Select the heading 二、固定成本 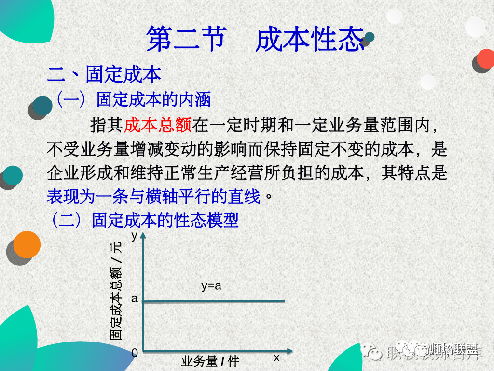pyautogui.click(x=104, y=75)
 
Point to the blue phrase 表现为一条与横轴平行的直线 pyautogui.click(x=153, y=197)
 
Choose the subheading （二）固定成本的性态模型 pyautogui.click(x=145, y=221)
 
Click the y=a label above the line pyautogui.click(x=211, y=285)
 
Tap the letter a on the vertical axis pyautogui.click(x=135, y=299)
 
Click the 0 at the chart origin pyautogui.click(x=135, y=353)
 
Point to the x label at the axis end pyautogui.click(x=276, y=358)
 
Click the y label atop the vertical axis pyautogui.click(x=135, y=235)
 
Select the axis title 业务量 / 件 pyautogui.click(x=210, y=361)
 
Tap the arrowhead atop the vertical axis pyautogui.click(x=143, y=238)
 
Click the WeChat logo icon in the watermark pyautogui.click(x=375, y=353)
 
